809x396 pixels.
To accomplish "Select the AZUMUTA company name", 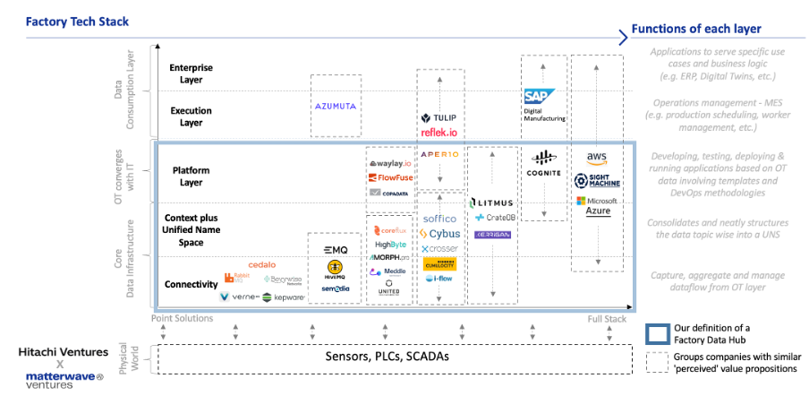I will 336,106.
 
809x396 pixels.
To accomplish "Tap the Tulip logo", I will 439,117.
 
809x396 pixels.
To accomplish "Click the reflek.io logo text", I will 439,133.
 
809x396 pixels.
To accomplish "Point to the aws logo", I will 597,158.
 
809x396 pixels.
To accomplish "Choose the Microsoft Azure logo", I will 596,205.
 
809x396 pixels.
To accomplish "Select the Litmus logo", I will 490,202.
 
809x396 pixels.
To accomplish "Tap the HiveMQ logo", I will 336,269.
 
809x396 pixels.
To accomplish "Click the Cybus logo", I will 439,234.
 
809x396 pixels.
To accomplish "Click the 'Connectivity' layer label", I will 192,284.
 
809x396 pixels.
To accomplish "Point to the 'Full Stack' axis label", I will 606,318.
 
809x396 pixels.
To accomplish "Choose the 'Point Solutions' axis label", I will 183,318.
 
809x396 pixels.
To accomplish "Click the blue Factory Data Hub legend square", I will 657,333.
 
